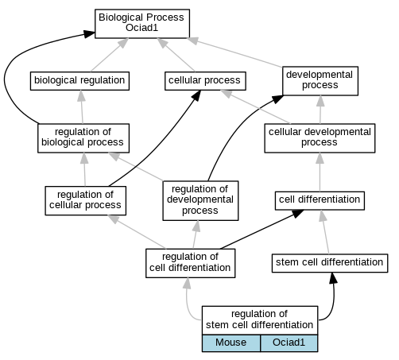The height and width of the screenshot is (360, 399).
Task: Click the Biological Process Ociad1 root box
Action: click(142, 24)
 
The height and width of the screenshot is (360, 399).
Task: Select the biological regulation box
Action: click(79, 81)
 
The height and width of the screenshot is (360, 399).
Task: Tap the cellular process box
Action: click(205, 81)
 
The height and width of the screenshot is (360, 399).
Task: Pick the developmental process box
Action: click(320, 81)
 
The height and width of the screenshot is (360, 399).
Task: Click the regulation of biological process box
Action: click(83, 138)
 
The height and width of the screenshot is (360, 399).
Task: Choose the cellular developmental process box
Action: click(320, 138)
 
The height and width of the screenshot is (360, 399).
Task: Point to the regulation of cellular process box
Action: click(86, 200)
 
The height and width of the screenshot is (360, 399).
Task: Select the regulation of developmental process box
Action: click(200, 200)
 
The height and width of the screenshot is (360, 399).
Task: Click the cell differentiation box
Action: click(320, 200)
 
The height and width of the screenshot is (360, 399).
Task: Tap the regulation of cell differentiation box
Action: click(191, 263)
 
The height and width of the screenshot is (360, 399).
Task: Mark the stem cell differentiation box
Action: click(330, 263)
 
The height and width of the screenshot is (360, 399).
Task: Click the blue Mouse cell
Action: click(231, 343)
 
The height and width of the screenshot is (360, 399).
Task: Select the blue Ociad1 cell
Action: click(289, 343)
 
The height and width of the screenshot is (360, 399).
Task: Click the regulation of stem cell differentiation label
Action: click(260, 319)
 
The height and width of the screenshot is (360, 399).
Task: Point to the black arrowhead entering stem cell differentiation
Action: click(333, 278)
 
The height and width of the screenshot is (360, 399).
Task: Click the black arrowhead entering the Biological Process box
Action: click(89, 33)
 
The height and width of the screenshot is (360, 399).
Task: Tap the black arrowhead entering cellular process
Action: click(196, 95)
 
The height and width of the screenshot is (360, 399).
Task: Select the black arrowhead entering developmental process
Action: click(277, 99)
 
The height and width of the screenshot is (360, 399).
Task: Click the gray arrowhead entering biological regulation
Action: click(81, 95)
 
